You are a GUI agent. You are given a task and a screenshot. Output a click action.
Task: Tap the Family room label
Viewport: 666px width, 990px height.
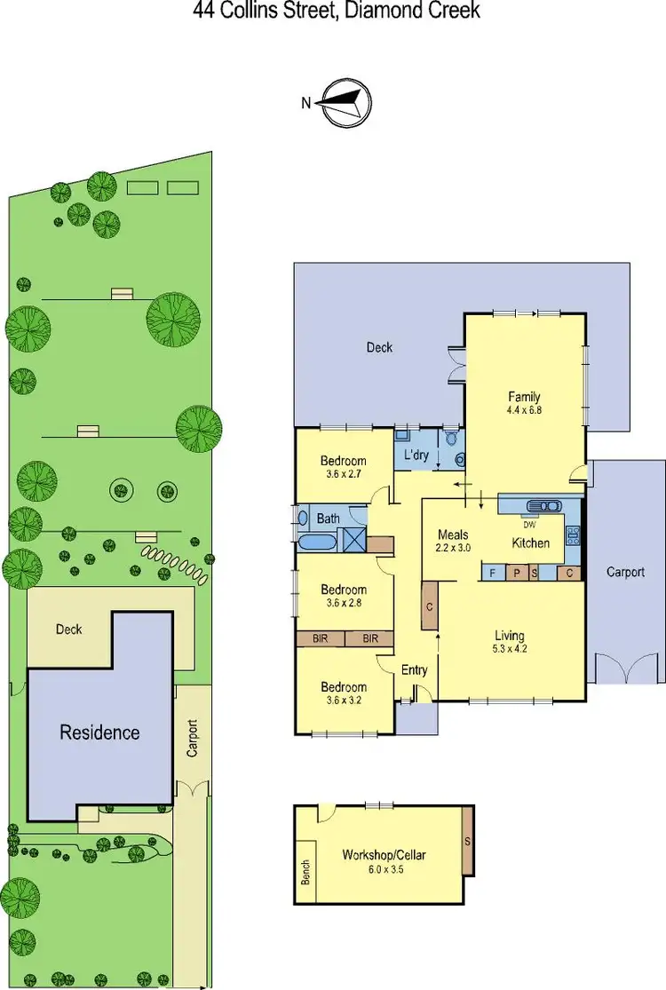click(x=524, y=397)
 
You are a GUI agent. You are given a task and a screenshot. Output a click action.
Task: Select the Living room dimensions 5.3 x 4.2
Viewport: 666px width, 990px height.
click(x=510, y=650)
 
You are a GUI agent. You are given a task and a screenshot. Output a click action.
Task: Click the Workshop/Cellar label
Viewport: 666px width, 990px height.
click(x=385, y=855)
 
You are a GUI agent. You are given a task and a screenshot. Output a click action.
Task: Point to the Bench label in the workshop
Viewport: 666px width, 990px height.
click(x=306, y=871)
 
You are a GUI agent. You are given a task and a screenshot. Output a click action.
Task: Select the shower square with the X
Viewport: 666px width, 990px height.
click(x=354, y=542)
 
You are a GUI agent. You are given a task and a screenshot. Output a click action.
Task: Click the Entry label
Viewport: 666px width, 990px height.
click(x=414, y=670)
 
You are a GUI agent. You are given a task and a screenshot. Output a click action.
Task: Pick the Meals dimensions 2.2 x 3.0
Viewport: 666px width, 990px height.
click(x=454, y=548)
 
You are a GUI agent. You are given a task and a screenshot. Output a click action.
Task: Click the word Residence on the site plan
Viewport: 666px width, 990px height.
click(x=99, y=733)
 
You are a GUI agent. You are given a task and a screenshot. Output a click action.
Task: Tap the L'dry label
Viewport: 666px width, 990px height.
click(x=416, y=455)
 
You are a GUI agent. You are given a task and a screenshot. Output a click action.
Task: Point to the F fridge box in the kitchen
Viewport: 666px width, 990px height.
click(x=491, y=573)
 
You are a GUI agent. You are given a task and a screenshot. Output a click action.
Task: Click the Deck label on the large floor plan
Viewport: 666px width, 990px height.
click(x=379, y=347)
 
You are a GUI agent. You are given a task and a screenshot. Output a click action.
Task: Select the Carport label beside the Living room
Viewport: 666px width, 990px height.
click(x=625, y=573)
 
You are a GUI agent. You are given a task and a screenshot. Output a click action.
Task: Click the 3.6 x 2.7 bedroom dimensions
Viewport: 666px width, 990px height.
click(x=343, y=474)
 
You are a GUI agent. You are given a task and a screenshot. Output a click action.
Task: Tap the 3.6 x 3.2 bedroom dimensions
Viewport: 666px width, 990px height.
click(x=343, y=701)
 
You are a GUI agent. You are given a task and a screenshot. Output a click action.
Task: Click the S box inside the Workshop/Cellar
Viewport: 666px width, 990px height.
click(x=468, y=840)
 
